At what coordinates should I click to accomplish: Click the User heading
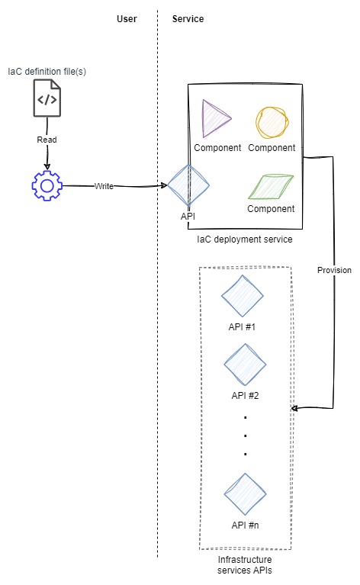coord(127,19)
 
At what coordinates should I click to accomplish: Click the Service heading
coord(188,19)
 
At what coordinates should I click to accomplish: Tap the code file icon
coord(47,98)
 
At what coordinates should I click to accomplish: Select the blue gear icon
coord(47,185)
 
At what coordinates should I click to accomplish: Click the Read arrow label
coord(47,140)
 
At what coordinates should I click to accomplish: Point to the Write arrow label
coord(104,186)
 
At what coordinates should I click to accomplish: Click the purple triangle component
coord(216,119)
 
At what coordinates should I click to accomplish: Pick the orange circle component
coord(272,122)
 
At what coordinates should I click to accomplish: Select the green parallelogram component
coord(271,186)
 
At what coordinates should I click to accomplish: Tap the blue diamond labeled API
coord(188,185)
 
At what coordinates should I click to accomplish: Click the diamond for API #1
coord(242,296)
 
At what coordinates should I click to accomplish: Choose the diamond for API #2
coord(245,365)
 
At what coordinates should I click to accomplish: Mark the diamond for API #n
coord(245,494)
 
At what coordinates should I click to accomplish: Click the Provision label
coord(334,270)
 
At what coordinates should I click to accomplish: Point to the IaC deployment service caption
coord(245,239)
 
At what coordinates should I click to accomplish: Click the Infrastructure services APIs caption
coord(245,565)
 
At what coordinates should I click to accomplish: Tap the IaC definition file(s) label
coord(47,71)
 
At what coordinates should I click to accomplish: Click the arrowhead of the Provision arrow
coord(293,409)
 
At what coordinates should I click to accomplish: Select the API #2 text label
coord(245,396)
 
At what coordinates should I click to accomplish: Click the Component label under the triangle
coord(217,148)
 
